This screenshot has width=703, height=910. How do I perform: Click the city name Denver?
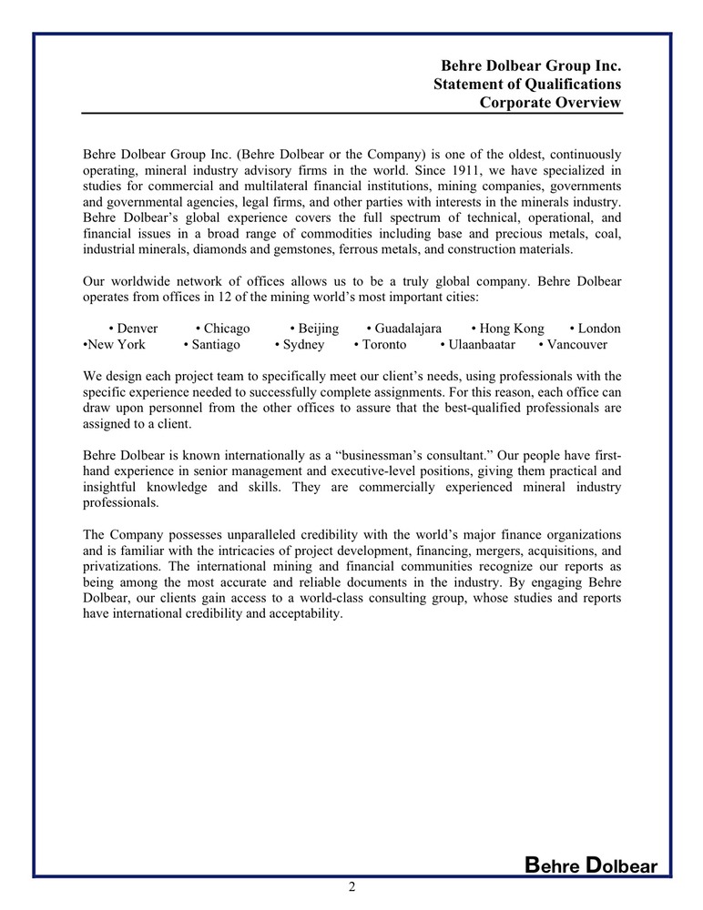[x=138, y=329]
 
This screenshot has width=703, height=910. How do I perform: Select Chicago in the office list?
[x=227, y=329]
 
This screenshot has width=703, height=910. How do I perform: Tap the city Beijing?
[x=319, y=329]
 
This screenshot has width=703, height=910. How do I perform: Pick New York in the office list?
[x=117, y=345]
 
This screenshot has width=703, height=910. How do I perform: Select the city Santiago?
[x=217, y=345]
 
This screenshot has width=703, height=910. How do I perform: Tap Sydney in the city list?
[x=303, y=345]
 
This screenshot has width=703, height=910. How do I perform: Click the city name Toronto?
[x=384, y=345]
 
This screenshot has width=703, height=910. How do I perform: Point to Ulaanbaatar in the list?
[x=482, y=345]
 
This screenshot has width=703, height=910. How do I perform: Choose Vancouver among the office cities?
[x=576, y=345]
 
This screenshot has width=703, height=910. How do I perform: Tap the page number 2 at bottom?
[x=351, y=887]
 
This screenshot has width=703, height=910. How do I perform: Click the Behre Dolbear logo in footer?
[x=591, y=865]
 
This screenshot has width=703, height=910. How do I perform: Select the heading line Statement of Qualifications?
[x=527, y=85]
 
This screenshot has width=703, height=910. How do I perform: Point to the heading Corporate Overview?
[x=550, y=103]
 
